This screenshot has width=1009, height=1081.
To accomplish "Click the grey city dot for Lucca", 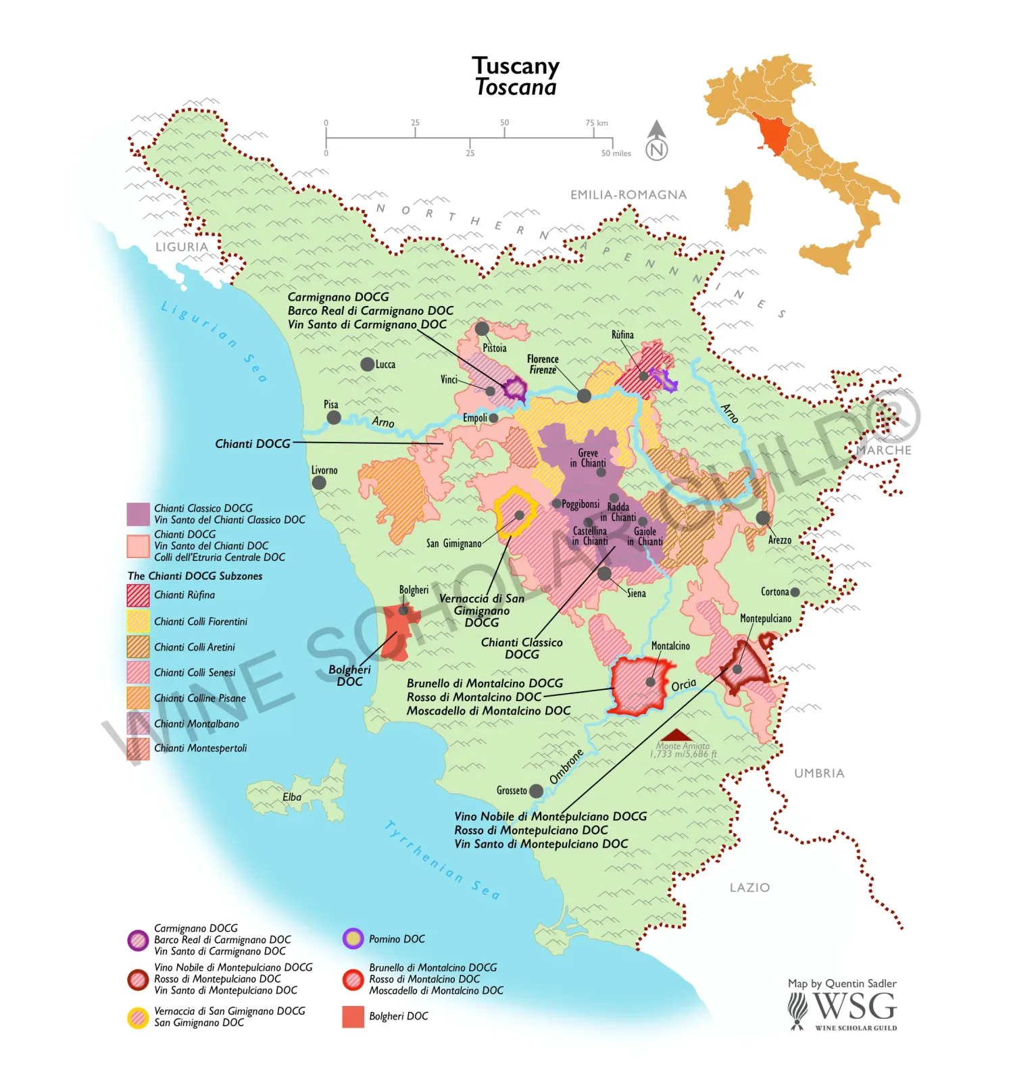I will click(x=367, y=364).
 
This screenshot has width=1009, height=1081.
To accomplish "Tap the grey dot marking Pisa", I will click(x=334, y=418).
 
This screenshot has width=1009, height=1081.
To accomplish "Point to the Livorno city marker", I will click(x=319, y=482).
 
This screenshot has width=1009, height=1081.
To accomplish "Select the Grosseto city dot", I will click(x=536, y=790).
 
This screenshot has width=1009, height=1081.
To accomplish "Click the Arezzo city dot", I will click(x=763, y=518).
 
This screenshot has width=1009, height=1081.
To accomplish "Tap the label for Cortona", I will click(x=774, y=592).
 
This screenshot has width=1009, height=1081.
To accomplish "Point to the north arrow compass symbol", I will click(x=657, y=141).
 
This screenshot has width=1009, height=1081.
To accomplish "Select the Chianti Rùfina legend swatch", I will click(x=138, y=595).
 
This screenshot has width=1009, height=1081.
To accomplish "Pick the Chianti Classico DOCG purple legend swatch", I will click(x=138, y=514).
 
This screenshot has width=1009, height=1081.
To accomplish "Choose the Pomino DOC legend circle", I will click(x=353, y=939).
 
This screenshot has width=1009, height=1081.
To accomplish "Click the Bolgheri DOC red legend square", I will click(x=353, y=1016).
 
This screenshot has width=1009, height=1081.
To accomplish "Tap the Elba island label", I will click(x=292, y=797).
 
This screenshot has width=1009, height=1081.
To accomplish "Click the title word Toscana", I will click(x=516, y=88).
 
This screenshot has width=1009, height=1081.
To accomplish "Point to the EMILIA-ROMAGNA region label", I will click(x=629, y=195).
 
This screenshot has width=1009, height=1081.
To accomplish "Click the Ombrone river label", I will click(x=566, y=766).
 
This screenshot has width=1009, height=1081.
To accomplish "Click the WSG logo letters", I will click(x=855, y=1007).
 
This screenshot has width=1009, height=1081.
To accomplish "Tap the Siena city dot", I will click(x=605, y=574).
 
